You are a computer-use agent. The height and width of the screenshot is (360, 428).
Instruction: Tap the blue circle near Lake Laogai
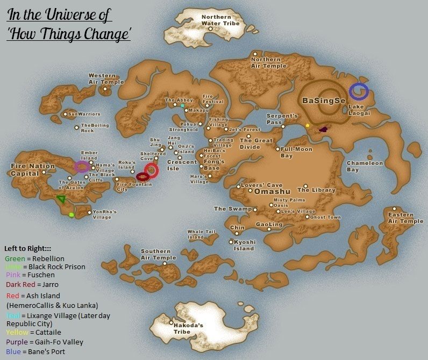click(359, 92)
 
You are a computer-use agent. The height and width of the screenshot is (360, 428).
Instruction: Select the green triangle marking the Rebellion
click(62, 199)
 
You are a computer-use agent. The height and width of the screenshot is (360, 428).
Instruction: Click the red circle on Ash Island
click(152, 170)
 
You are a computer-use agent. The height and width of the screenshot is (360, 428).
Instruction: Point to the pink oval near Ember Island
click(82, 167)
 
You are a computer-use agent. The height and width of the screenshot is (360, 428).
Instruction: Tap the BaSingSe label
click(322, 100)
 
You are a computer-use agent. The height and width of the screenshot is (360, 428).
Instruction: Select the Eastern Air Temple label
click(405, 218)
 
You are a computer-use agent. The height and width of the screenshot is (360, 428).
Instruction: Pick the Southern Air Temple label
click(158, 255)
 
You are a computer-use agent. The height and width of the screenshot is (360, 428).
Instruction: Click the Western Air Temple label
click(106, 79)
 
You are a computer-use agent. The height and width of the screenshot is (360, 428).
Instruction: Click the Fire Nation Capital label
click(33, 170)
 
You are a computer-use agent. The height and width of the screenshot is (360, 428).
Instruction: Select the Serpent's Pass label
click(282, 119)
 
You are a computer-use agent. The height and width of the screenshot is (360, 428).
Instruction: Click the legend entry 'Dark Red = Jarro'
click(32, 284)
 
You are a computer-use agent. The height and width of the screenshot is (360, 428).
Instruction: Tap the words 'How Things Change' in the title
click(69, 34)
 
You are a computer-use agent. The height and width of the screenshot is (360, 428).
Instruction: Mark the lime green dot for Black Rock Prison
click(72, 215)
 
